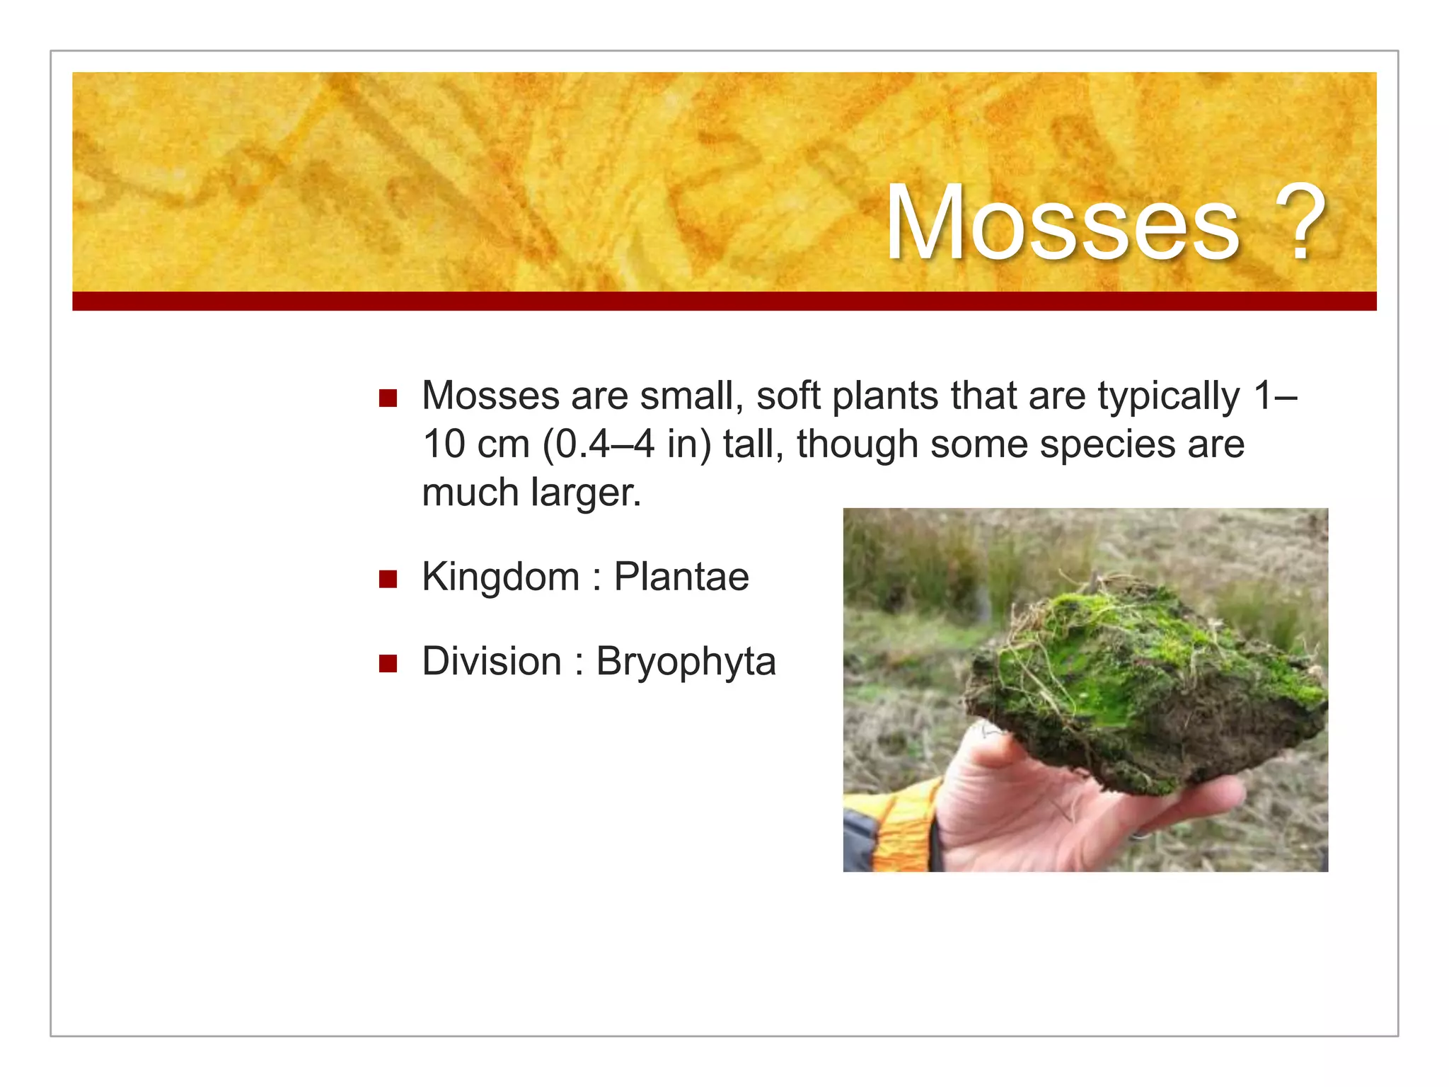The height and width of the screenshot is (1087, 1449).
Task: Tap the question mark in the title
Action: click(x=1300, y=224)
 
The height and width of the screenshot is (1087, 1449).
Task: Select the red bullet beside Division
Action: click(x=388, y=664)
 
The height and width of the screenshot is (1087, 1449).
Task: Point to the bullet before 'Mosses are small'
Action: click(x=388, y=398)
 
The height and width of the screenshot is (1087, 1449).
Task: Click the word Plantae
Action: click(x=681, y=577)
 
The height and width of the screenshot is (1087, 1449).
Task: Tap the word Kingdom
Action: click(x=500, y=577)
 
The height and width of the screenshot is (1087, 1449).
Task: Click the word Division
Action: click(x=492, y=662)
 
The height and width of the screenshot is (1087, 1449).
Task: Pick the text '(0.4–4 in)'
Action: click(x=627, y=445)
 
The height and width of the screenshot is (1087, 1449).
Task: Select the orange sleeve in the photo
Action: click(x=899, y=828)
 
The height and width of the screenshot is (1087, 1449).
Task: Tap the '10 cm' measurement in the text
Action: click(x=475, y=445)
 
